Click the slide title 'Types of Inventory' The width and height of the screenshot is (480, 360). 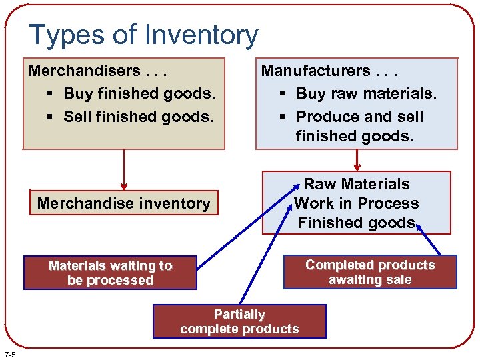pyautogui.click(x=143, y=35)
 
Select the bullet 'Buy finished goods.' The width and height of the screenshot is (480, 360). pyautogui.click(x=139, y=93)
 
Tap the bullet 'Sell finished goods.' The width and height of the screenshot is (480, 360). pyautogui.click(x=138, y=117)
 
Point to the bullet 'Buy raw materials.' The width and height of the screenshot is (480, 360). pyautogui.click(x=366, y=94)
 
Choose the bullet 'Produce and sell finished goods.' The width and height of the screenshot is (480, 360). pyautogui.click(x=359, y=126)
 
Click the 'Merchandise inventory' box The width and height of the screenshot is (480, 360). pyautogui.click(x=124, y=203)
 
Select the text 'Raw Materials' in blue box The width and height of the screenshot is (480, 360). pyautogui.click(x=357, y=184)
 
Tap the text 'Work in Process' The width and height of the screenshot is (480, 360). pyautogui.click(x=357, y=203)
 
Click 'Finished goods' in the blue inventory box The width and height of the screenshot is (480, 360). pyautogui.click(x=357, y=223)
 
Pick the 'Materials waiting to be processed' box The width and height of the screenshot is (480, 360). pyautogui.click(x=110, y=273)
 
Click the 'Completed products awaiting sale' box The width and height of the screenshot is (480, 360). pyautogui.click(x=370, y=272)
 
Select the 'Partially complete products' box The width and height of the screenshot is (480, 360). pyautogui.click(x=239, y=321)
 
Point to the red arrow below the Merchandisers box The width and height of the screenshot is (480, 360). pyautogui.click(x=124, y=170)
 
